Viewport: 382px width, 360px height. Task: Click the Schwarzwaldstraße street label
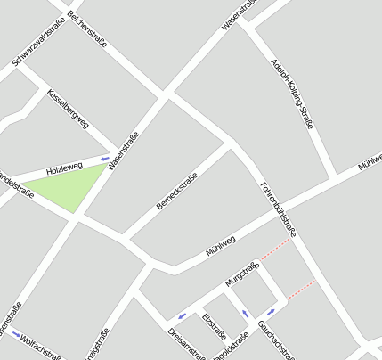coord(40,49)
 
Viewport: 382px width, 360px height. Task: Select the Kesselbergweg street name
coord(69,110)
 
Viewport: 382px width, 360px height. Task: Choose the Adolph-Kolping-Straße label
coord(291,94)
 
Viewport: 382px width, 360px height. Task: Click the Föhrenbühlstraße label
coord(278,209)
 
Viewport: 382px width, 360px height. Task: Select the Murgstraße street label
coord(240,274)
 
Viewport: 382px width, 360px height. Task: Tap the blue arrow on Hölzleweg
coord(104,160)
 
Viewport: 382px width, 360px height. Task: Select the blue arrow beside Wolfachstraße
coord(15,334)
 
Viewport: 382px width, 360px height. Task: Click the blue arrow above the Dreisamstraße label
coord(183,315)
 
